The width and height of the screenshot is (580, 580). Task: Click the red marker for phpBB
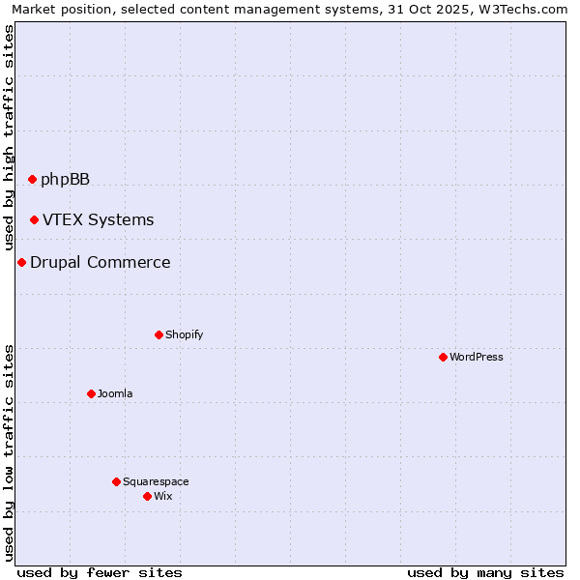pyautogui.click(x=32, y=179)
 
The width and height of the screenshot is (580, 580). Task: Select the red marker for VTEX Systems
pyautogui.click(x=34, y=220)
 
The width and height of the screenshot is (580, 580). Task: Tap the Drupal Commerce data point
pyautogui.click(x=21, y=262)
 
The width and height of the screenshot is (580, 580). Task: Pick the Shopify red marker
pyautogui.click(x=159, y=334)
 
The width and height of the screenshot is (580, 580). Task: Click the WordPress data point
pyautogui.click(x=443, y=357)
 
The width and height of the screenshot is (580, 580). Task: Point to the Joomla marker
pyautogui.click(x=91, y=393)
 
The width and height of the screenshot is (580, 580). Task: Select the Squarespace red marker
pyautogui.click(x=116, y=481)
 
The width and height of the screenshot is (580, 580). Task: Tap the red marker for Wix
pyautogui.click(x=147, y=496)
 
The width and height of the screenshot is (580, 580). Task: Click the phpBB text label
pyautogui.click(x=65, y=179)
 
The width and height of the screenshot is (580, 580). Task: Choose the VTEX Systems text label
pyautogui.click(x=98, y=220)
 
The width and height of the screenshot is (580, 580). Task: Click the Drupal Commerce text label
pyautogui.click(x=100, y=262)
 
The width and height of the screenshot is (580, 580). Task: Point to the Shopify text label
pyautogui.click(x=184, y=334)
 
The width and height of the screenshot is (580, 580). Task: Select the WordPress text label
pyautogui.click(x=476, y=357)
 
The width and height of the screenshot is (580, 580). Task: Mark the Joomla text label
pyautogui.click(x=115, y=393)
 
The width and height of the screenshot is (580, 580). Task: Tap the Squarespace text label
pyautogui.click(x=156, y=481)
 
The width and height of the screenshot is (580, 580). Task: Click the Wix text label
pyautogui.click(x=162, y=496)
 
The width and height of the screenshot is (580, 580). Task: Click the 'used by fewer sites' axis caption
pyautogui.click(x=100, y=572)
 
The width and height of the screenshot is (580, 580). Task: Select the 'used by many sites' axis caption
pyautogui.click(x=485, y=572)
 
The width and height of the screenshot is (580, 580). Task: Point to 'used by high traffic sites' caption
pyautogui.click(x=9, y=137)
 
